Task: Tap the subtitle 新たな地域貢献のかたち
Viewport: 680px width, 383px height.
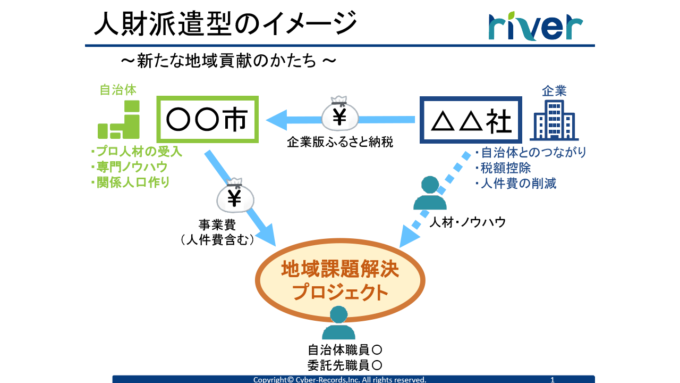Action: (228, 61)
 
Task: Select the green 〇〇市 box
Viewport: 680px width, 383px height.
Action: (208, 120)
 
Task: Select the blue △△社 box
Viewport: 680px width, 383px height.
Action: (471, 121)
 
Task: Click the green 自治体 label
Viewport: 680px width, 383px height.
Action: (118, 89)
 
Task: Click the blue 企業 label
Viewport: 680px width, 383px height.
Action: (554, 91)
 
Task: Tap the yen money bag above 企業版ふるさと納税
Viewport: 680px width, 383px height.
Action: (340, 114)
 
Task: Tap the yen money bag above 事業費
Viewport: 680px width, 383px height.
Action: (235, 196)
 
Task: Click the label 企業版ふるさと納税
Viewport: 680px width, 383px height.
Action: (340, 143)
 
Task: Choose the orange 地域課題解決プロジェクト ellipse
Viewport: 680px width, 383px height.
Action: (340, 280)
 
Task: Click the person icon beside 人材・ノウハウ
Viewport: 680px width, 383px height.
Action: (430, 194)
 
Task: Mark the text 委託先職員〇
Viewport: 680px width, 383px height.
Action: (345, 365)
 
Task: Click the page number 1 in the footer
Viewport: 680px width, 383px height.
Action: (552, 379)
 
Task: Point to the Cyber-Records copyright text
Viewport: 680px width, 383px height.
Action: (339, 379)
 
